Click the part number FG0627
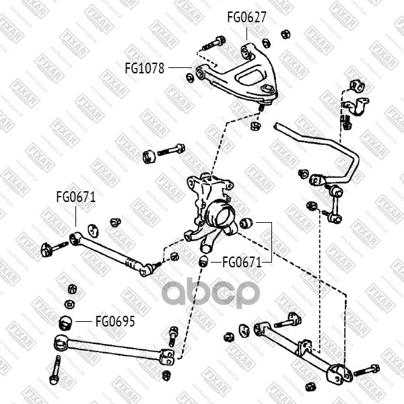pyautogui.click(x=246, y=18)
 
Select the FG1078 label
pyautogui.click(x=145, y=68)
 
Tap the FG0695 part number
pyautogui.click(x=115, y=321)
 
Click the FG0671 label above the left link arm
pyautogui.click(x=76, y=197)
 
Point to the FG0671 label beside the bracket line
pyautogui.click(x=242, y=263)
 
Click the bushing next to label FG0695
pyautogui.click(x=66, y=323)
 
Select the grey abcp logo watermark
pyautogui.click(x=211, y=292)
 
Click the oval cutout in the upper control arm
pyautogui.click(x=248, y=76)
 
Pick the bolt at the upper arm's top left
pyautogui.click(x=213, y=44)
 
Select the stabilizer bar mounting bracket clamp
pyautogui.click(x=356, y=106)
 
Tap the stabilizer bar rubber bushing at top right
pyautogui.click(x=358, y=86)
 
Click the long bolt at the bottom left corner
pyautogui.click(x=55, y=370)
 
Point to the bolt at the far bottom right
pyautogui.click(x=366, y=370)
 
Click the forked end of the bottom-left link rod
pyautogui.click(x=167, y=357)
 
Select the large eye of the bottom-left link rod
pyautogui.click(x=61, y=343)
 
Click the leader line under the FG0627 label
pyautogui.click(x=246, y=34)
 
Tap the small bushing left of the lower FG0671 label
pyautogui.click(x=204, y=261)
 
